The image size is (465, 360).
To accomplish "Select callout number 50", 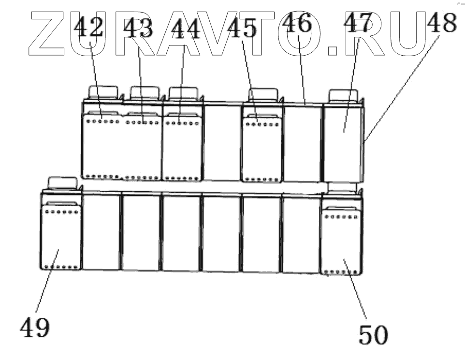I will click(373, 334).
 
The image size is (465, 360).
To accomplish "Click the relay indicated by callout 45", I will click(262, 150).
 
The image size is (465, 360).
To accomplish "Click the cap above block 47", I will click(343, 95).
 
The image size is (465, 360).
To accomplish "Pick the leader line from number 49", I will click(47, 285).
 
